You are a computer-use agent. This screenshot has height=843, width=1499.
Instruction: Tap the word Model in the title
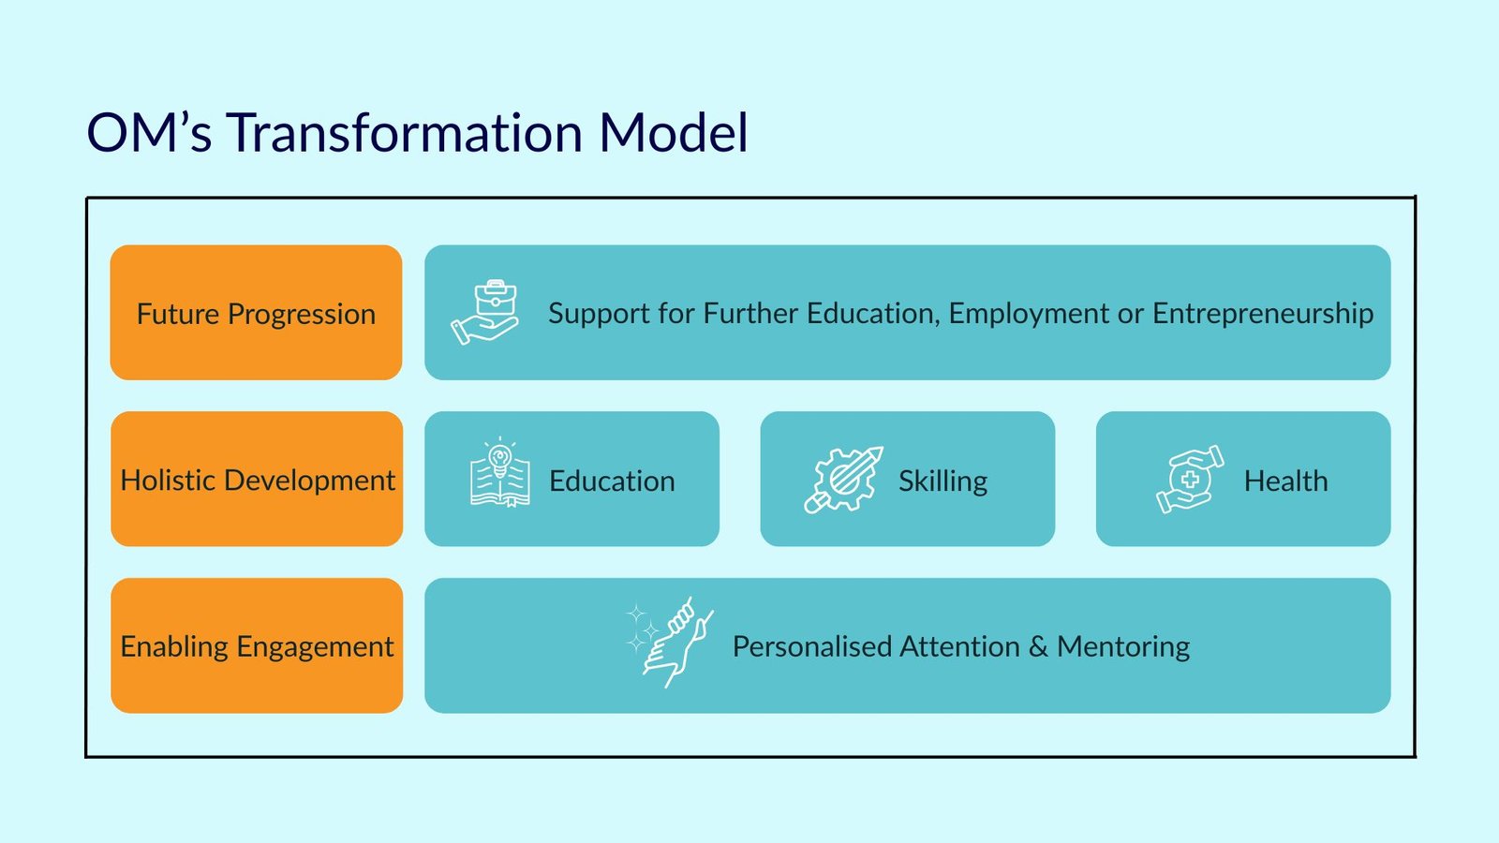point(674,132)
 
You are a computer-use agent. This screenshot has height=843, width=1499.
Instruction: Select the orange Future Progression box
point(257,313)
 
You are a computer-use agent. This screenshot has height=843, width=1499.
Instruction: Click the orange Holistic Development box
point(257,479)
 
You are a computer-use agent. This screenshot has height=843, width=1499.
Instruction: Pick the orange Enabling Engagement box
point(257,645)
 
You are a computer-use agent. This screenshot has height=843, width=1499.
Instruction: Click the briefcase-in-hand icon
point(484,312)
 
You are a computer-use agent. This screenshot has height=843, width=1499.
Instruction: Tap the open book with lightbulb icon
point(500,472)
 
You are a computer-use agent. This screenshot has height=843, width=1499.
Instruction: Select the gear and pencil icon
point(843,480)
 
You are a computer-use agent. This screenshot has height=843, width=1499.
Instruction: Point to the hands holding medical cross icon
point(1190,480)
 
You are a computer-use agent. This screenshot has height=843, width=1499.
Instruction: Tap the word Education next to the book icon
point(612,481)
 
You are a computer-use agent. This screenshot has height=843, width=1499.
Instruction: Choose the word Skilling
point(942,481)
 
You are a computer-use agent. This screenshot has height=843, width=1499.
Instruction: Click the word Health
point(1285,481)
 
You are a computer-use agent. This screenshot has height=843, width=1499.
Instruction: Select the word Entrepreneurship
point(1263,314)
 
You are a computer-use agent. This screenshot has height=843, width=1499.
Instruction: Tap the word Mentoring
point(1123,647)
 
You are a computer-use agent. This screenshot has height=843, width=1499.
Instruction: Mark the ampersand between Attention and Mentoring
point(1038,647)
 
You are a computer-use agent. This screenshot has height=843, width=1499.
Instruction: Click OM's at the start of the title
point(149,132)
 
